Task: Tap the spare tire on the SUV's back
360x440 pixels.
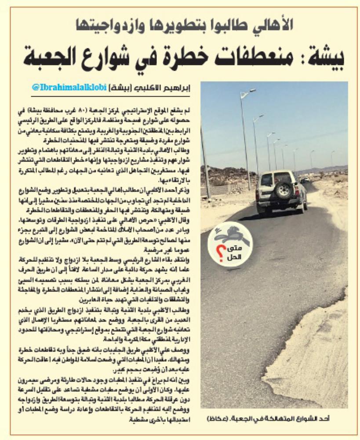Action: [x=283, y=190]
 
